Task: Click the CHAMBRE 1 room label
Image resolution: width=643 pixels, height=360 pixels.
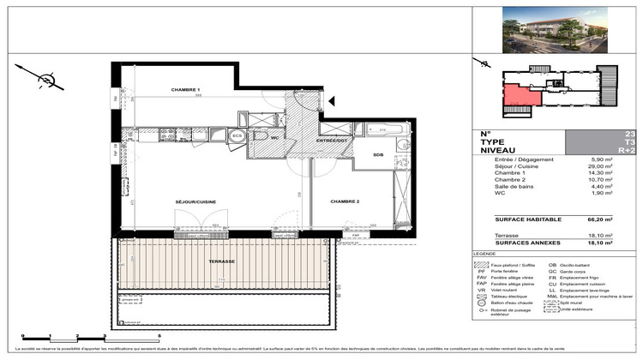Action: coord(185,90)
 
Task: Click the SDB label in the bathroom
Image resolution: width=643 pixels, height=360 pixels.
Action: coord(378,154)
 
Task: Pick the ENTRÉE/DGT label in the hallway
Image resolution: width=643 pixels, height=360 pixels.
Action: coord(329,140)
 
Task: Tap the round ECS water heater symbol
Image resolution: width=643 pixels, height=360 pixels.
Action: coord(237,135)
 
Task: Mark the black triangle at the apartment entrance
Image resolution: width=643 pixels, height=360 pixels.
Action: coord(329,101)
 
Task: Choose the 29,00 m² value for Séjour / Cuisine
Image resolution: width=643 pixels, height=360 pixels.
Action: coord(604,166)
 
